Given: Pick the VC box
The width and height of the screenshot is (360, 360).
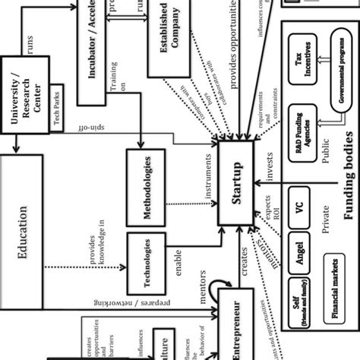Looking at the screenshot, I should tap(302, 215).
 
